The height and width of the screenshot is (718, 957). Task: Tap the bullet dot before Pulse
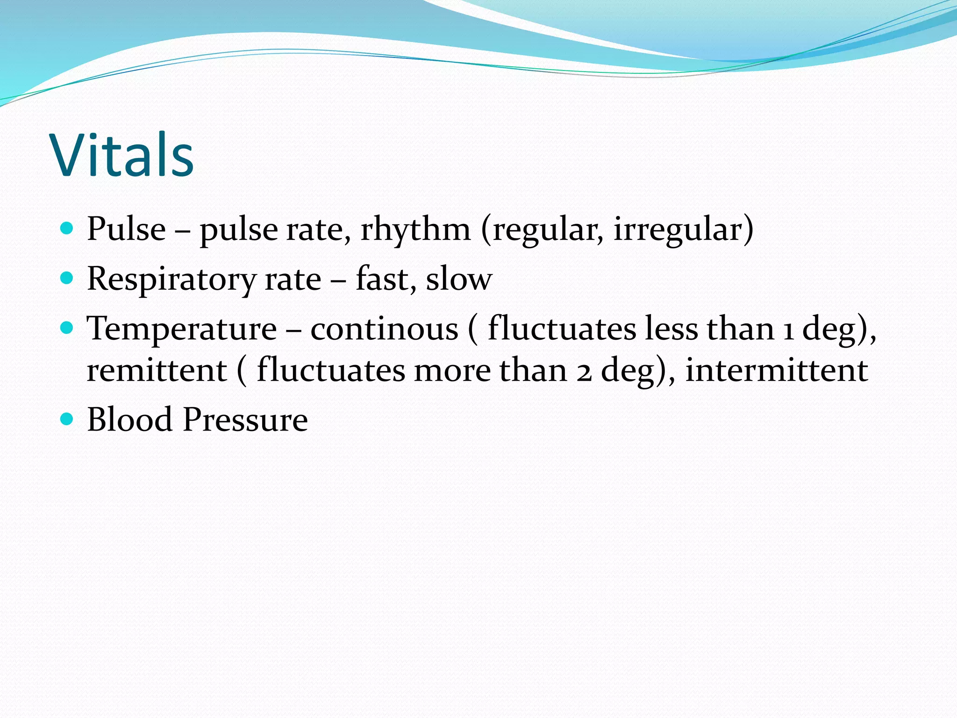click(67, 229)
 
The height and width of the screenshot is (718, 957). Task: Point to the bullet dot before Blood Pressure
click(67, 419)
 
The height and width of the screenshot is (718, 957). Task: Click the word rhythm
click(415, 230)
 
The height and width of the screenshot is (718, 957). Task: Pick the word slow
click(459, 279)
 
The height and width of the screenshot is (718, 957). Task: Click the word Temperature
click(182, 329)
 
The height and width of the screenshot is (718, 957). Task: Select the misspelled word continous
click(384, 329)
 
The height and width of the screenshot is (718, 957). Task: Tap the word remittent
click(157, 371)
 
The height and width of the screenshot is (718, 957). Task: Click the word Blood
click(130, 419)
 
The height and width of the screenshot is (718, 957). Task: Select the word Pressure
click(245, 419)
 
